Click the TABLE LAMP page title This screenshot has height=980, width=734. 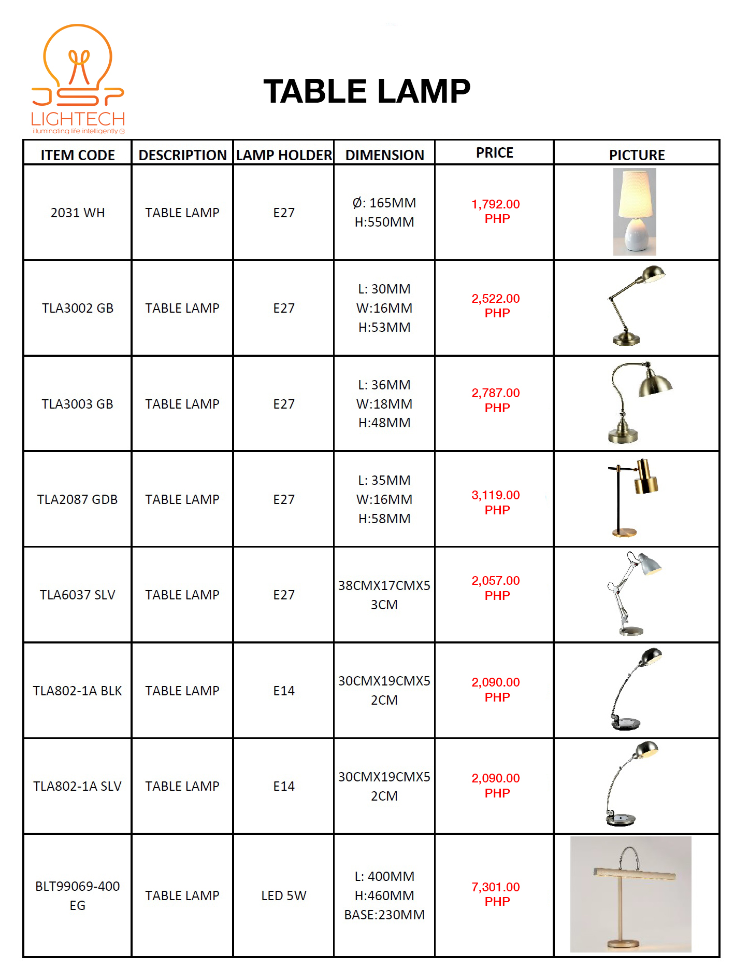(367, 92)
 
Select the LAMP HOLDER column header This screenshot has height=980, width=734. (284, 155)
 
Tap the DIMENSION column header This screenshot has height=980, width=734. (384, 155)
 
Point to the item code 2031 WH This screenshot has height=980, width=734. (78, 213)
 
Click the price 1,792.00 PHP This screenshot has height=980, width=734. (496, 212)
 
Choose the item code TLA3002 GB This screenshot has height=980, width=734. (78, 309)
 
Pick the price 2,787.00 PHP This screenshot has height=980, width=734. (496, 400)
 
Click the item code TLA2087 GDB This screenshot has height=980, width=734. (78, 500)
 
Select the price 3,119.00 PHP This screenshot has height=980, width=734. (496, 502)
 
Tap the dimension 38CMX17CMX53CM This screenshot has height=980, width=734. (384, 595)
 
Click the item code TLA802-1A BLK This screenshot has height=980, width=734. (78, 691)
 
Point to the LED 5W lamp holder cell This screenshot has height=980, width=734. (284, 896)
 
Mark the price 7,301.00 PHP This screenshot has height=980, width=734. (496, 894)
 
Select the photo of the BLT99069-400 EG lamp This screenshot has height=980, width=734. (631, 894)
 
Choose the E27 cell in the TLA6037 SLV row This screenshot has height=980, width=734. (284, 595)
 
